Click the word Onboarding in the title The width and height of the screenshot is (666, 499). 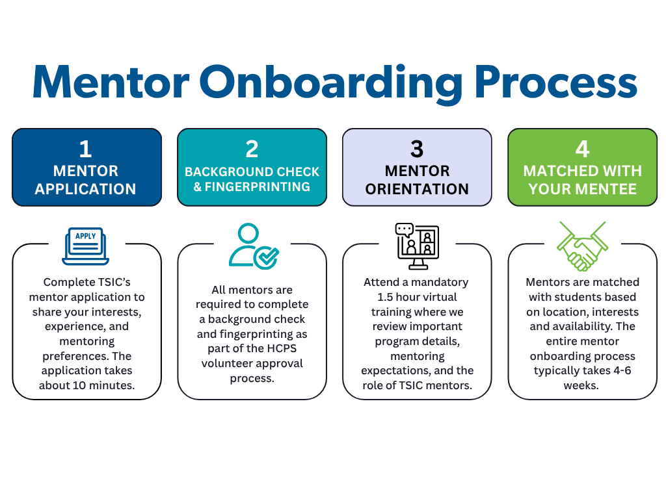coord(331,84)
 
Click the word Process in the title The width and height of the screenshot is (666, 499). coord(556,82)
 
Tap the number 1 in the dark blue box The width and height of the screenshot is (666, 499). coord(85,149)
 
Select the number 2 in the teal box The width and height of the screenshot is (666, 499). coord(252,149)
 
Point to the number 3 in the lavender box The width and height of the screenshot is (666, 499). coord(417,149)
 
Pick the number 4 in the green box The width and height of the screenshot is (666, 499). coord(582,149)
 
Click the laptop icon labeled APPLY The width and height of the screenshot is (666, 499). coord(85,246)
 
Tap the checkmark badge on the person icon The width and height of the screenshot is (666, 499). coord(266,257)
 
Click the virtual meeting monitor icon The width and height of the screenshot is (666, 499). coord(417,246)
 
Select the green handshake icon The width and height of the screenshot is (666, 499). coord(582,246)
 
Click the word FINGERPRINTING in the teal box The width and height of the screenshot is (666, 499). coord(258,186)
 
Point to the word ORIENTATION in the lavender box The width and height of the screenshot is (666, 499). coord(417,189)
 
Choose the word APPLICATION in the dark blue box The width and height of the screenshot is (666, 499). coord(85,189)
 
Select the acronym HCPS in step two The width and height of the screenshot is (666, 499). coord(282,348)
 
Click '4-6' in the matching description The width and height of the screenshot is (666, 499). coord(622,370)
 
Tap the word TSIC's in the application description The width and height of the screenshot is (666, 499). coord(114,282)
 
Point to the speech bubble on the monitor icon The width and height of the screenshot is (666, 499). coord(404,229)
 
